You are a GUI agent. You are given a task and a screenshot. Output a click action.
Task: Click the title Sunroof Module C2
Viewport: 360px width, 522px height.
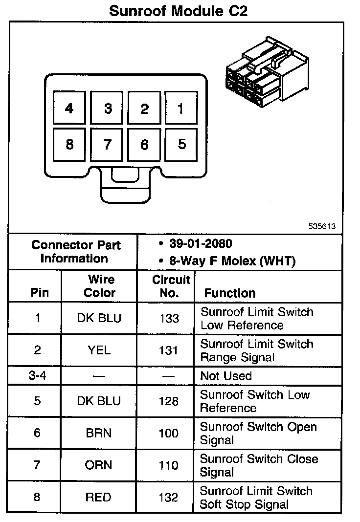click(x=178, y=11)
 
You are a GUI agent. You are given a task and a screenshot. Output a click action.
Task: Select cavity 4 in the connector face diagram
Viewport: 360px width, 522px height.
click(x=69, y=108)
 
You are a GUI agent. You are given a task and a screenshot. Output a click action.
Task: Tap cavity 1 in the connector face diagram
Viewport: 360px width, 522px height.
click(x=180, y=108)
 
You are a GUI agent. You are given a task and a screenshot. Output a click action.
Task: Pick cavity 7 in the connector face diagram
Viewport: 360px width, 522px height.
click(x=107, y=145)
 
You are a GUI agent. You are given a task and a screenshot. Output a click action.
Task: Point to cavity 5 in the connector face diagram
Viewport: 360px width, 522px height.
click(x=181, y=144)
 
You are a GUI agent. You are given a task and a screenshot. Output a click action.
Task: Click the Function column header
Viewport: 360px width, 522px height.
click(x=230, y=293)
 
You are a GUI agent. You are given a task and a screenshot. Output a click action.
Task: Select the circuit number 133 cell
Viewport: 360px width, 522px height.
click(x=169, y=319)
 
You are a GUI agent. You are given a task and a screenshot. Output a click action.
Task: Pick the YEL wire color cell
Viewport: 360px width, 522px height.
click(x=99, y=350)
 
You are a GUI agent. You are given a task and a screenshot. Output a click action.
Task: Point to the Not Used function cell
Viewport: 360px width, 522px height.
click(x=226, y=376)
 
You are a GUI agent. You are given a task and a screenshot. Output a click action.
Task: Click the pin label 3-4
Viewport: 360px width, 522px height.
click(x=37, y=376)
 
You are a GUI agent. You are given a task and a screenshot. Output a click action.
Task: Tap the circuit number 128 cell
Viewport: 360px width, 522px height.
click(x=169, y=401)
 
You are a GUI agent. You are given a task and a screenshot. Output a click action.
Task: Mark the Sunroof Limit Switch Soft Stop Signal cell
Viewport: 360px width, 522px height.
click(x=256, y=498)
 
